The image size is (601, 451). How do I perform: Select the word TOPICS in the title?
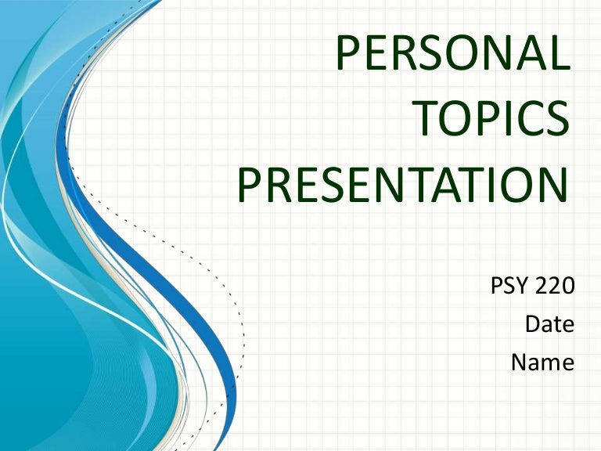coord(491,121)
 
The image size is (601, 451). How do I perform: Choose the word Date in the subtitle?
coord(549,325)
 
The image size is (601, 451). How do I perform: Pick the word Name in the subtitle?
coord(542,363)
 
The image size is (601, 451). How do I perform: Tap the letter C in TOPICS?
coord(526,121)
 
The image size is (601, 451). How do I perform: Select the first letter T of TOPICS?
coord(426,121)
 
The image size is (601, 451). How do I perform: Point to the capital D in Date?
coord(531,325)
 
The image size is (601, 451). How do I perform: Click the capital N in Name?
coord(520,363)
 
